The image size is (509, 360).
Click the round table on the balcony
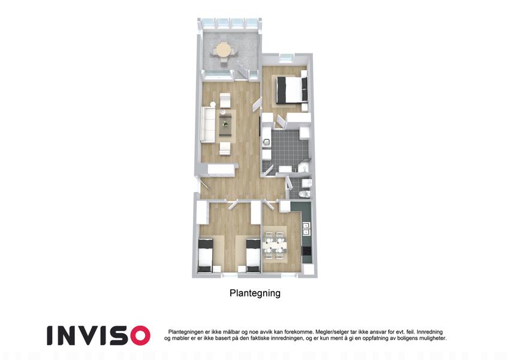224,50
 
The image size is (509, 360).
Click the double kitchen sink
306,228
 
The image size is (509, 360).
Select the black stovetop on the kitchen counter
306,251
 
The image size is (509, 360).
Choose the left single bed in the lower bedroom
206,256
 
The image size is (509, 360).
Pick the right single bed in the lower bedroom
253,256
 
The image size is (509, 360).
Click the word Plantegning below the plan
255,293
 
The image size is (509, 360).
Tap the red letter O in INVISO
140,335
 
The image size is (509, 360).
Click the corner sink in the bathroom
304,167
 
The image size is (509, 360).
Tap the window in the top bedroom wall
287,58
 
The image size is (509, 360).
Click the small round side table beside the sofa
213,104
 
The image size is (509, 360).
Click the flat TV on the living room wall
260,128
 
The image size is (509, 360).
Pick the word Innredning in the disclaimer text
429,332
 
